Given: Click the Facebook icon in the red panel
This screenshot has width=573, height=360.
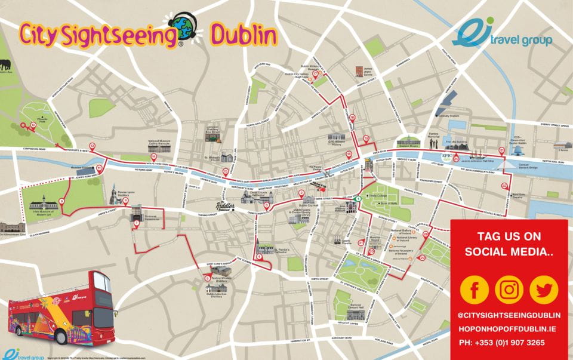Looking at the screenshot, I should [x=476, y=290].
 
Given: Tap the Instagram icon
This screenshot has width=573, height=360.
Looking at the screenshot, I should [x=509, y=290].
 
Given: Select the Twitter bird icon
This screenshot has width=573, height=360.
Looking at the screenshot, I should [x=543, y=290].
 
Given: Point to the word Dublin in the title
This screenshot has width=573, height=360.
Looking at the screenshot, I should [x=244, y=36].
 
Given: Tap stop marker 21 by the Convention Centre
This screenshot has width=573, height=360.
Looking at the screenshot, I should [x=502, y=150].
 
